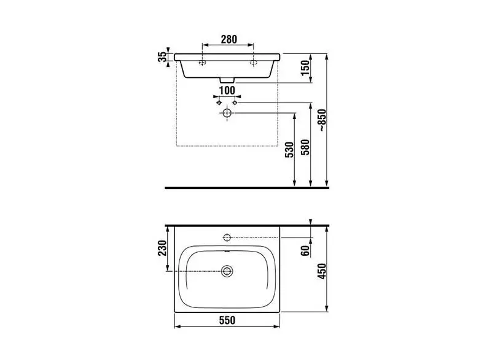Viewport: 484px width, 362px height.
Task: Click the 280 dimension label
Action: click(228, 39)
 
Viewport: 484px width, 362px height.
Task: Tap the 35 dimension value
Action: click(162, 57)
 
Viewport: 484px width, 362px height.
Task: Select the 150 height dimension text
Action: click(305, 68)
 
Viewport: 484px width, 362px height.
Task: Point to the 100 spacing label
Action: click(227, 91)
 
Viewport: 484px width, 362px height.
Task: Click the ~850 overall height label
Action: click(322, 120)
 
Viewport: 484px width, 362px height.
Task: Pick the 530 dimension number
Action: click(289, 150)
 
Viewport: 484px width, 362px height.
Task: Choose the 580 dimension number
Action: click(305, 148)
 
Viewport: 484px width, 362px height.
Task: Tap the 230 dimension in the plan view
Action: click(162, 248)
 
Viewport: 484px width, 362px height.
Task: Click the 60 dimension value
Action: click(305, 251)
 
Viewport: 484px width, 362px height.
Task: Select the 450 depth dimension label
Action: click(322, 271)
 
